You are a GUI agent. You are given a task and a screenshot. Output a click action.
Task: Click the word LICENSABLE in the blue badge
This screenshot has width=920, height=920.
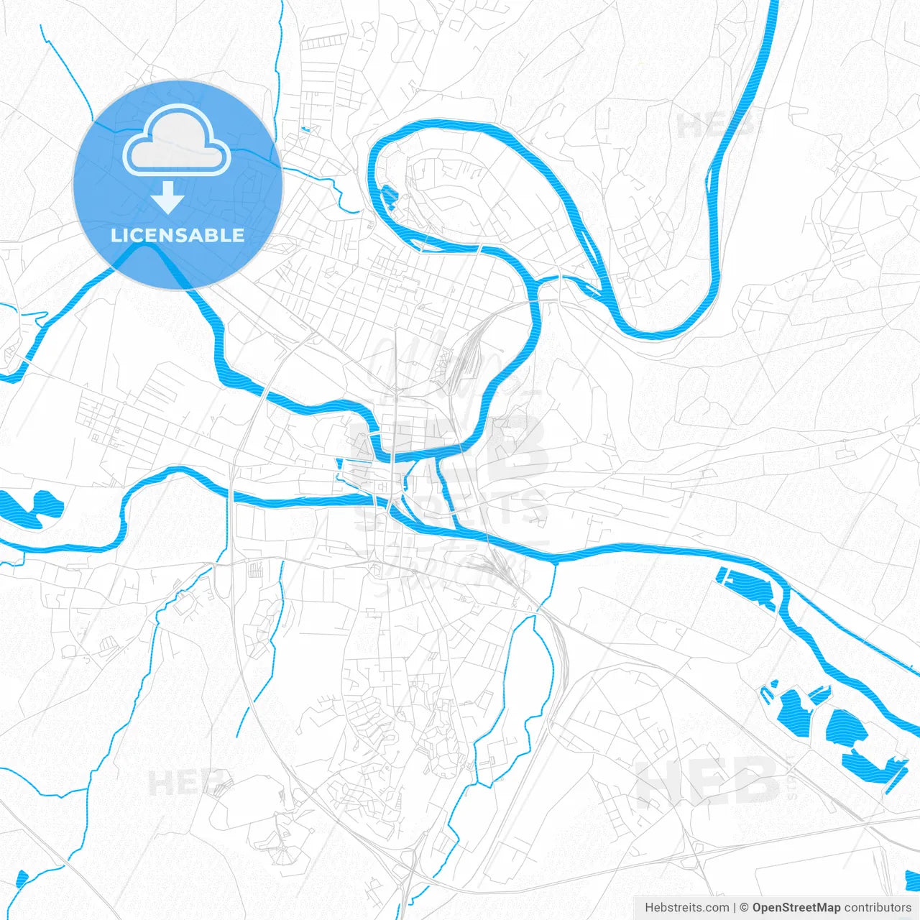(178, 235)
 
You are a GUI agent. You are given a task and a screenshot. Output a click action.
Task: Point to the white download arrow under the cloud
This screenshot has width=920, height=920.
(168, 198)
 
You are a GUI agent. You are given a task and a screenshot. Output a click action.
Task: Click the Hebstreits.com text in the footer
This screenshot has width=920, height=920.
(686, 908)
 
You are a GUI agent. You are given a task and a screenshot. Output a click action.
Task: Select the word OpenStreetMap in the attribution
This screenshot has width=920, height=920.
(796, 908)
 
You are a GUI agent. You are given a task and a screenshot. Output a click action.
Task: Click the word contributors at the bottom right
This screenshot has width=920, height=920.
(878, 908)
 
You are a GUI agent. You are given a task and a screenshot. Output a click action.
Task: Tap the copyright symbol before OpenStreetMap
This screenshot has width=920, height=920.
(744, 908)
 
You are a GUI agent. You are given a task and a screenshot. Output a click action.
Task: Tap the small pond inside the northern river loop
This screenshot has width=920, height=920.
(389, 197)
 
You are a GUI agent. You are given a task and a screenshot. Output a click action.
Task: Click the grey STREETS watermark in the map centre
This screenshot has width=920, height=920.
(453, 509)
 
